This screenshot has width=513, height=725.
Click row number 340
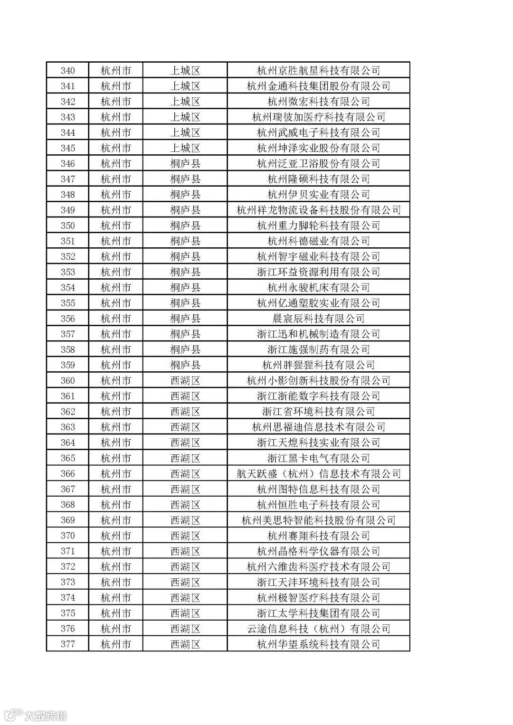(x=68, y=71)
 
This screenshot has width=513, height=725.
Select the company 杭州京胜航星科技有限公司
(x=318, y=71)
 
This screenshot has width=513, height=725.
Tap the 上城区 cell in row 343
(x=185, y=117)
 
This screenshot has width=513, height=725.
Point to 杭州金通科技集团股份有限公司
(x=318, y=86)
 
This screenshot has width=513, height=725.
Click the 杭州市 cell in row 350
(x=115, y=226)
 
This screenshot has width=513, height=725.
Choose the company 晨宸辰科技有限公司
(x=318, y=319)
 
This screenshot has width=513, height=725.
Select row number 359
(x=68, y=365)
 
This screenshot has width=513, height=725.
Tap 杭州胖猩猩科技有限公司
(x=318, y=365)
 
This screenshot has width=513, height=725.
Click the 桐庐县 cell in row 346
(x=185, y=164)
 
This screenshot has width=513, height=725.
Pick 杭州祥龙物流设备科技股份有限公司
(x=318, y=210)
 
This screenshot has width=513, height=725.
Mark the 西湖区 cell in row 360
(x=185, y=381)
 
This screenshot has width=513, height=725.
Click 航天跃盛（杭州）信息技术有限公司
(x=318, y=474)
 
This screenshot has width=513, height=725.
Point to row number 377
(x=68, y=644)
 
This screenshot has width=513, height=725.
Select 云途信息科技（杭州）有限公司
(x=318, y=629)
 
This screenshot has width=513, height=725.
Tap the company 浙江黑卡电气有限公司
(x=318, y=458)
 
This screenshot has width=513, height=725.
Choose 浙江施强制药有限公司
(x=318, y=349)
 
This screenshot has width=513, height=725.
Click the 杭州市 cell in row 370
(x=115, y=536)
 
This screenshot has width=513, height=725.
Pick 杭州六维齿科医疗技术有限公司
(x=318, y=567)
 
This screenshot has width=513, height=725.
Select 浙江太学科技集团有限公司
(x=318, y=613)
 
